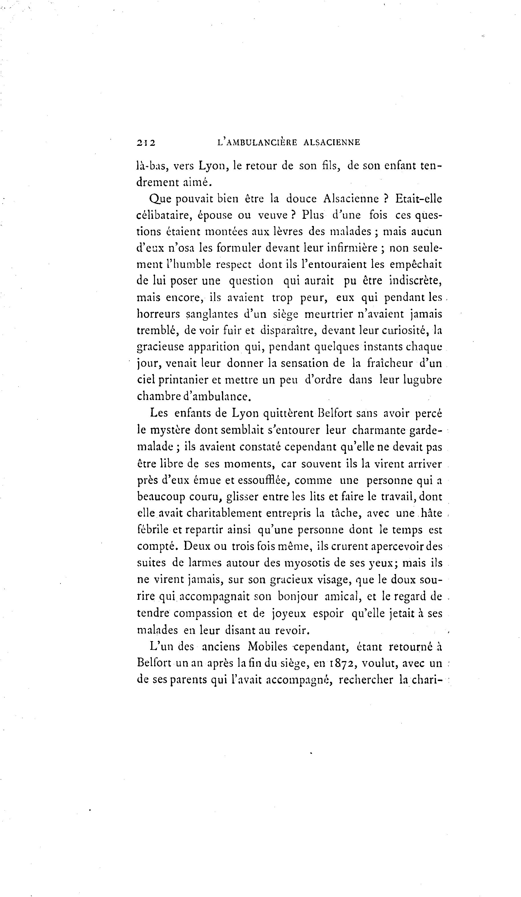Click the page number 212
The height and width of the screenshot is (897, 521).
click(x=146, y=143)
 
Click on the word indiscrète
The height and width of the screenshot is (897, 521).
click(x=416, y=281)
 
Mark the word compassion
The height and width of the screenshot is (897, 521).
click(x=203, y=613)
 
